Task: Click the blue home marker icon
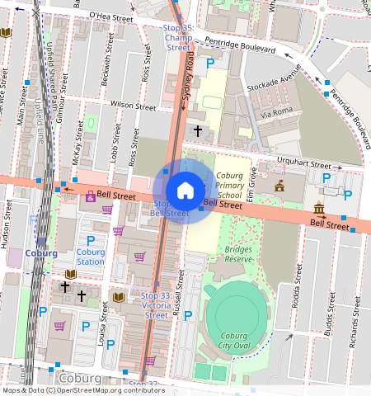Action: [185, 191]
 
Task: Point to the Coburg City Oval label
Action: [237, 340]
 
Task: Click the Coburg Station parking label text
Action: [91, 257]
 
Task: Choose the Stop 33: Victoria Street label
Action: [156, 304]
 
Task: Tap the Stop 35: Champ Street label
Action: [178, 38]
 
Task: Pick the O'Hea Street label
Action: [110, 16]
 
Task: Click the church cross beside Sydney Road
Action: [198, 130]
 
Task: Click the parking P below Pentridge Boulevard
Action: [210, 63]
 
